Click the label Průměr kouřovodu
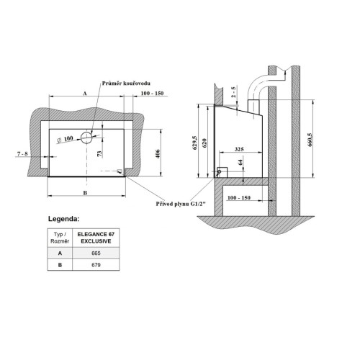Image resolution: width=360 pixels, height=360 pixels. coord(126,84)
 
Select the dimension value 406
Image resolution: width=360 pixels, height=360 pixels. coord(158,153)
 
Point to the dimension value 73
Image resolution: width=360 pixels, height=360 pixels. coord(99,154)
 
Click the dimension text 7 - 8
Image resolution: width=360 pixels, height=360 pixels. coord(22,153)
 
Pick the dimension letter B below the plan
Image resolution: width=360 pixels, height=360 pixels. coord(85,193)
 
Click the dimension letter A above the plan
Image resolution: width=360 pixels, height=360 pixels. coord(85,94)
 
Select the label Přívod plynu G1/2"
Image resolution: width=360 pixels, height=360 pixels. coord(181,204)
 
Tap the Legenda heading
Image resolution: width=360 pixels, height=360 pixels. coord(63,219)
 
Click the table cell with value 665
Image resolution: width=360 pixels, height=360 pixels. coord(96,253)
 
